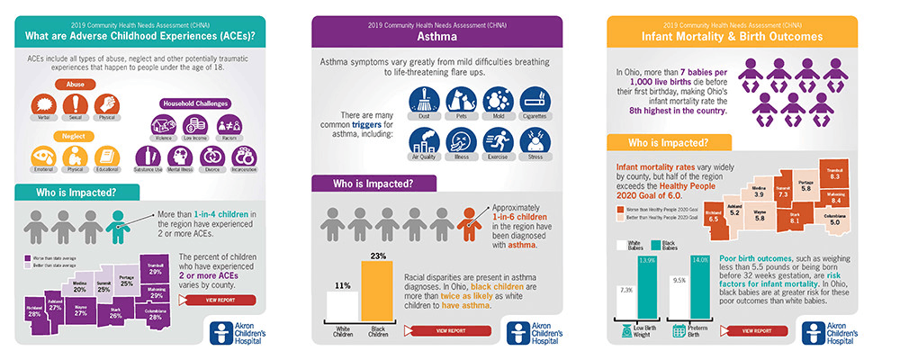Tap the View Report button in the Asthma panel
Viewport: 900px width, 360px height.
(x=453, y=330)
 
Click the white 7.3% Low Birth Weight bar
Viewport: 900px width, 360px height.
(x=627, y=302)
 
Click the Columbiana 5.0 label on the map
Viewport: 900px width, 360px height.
(x=835, y=217)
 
